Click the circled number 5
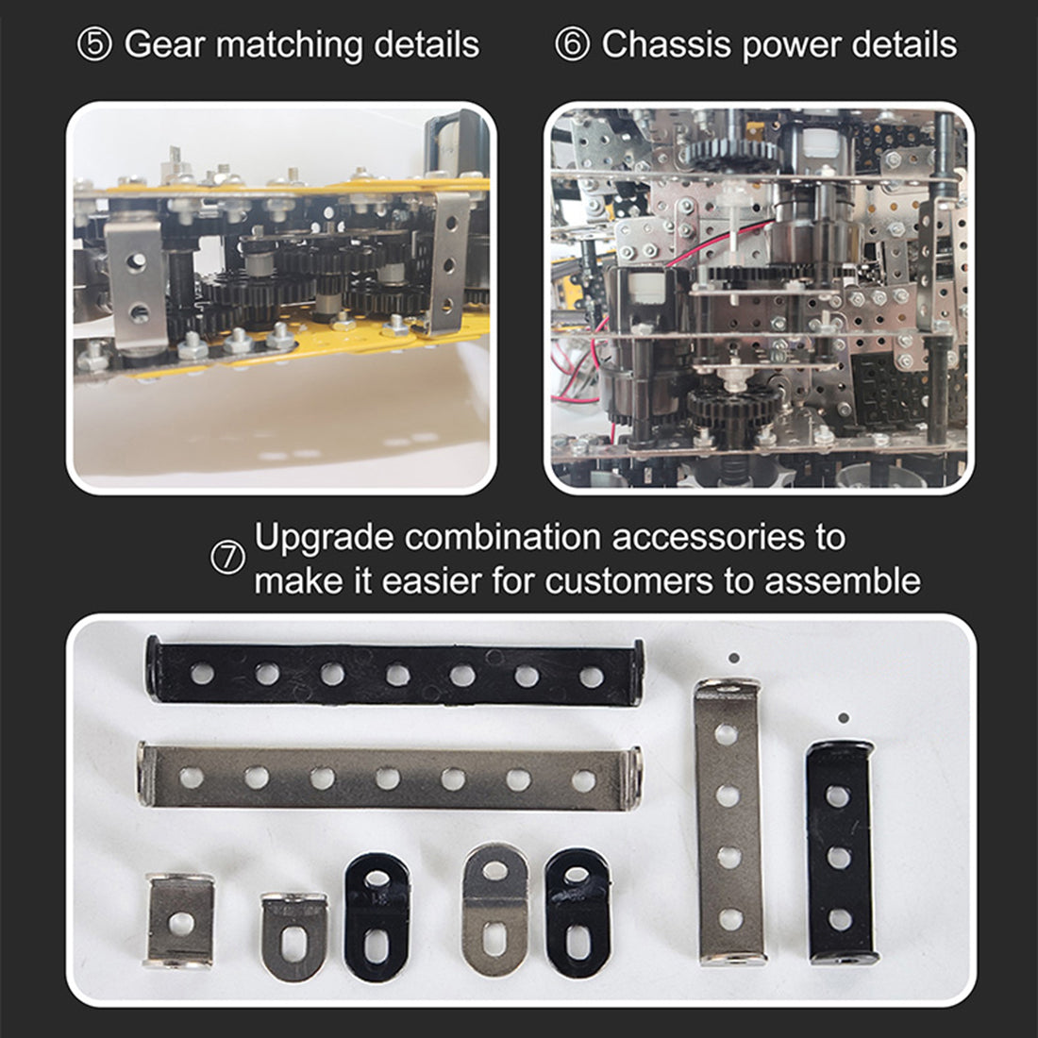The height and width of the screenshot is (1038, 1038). click(94, 45)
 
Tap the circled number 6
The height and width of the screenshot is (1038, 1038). click(572, 45)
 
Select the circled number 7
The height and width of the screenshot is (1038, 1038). click(227, 558)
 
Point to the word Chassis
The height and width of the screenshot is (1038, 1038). click(666, 44)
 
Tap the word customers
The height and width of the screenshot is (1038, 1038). click(628, 581)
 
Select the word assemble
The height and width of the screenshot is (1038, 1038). click(842, 581)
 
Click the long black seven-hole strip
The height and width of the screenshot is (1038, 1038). click(394, 672)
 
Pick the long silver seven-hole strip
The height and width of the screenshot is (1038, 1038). click(389, 777)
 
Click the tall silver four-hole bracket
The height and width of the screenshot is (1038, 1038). click(728, 821)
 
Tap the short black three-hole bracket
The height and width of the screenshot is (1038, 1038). click(840, 853)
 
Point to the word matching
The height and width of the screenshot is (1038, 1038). click(289, 45)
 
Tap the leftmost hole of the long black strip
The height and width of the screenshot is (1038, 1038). click(202, 674)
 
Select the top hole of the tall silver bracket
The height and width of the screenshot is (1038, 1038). click(727, 734)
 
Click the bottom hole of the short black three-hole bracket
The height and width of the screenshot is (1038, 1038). click(841, 919)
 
